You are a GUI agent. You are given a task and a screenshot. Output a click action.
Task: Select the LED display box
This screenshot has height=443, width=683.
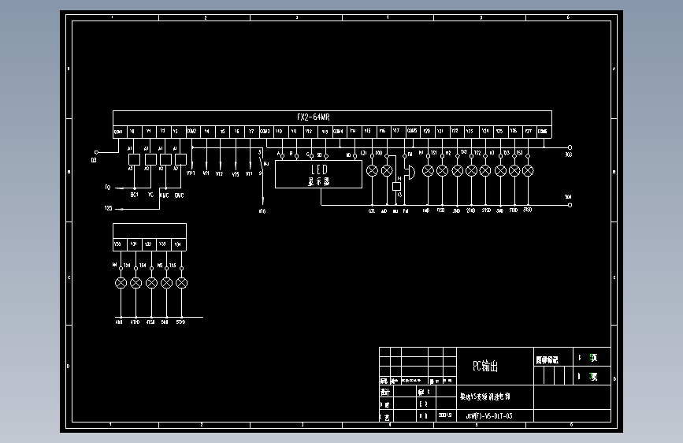[x=318, y=175]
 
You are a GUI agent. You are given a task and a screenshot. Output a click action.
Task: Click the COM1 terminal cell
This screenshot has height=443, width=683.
[x=118, y=131]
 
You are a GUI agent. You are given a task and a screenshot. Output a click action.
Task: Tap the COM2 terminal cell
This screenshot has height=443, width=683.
[x=191, y=131]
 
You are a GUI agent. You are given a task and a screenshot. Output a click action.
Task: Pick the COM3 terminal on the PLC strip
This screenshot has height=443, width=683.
[x=265, y=131]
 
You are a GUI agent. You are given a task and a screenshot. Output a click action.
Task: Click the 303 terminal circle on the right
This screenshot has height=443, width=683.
[x=570, y=147]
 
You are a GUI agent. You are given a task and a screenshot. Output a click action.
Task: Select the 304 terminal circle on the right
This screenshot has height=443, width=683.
[x=570, y=205]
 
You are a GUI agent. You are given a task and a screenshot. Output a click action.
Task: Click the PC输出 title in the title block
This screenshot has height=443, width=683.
[x=485, y=366]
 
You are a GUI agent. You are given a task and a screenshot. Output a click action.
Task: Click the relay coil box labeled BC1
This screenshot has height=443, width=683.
[x=134, y=159]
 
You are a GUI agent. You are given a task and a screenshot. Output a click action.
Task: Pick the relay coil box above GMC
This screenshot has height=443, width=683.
[x=180, y=159]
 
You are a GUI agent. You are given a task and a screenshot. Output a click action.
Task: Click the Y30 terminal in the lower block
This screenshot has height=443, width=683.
[x=119, y=244]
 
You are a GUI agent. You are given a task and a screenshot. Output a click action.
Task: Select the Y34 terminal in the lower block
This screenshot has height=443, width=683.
[x=179, y=244]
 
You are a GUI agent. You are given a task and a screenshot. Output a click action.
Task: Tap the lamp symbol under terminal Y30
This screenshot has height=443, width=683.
[x=121, y=282]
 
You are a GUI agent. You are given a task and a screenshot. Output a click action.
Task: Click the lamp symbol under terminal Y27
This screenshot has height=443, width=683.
[x=528, y=170]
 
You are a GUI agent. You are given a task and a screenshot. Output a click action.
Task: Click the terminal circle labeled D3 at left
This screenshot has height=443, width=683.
[x=95, y=151]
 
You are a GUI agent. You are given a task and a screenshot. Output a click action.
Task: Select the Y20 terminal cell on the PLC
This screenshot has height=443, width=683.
[x=426, y=131]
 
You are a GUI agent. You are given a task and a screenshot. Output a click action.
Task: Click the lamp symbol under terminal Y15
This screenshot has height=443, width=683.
[x=372, y=170]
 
